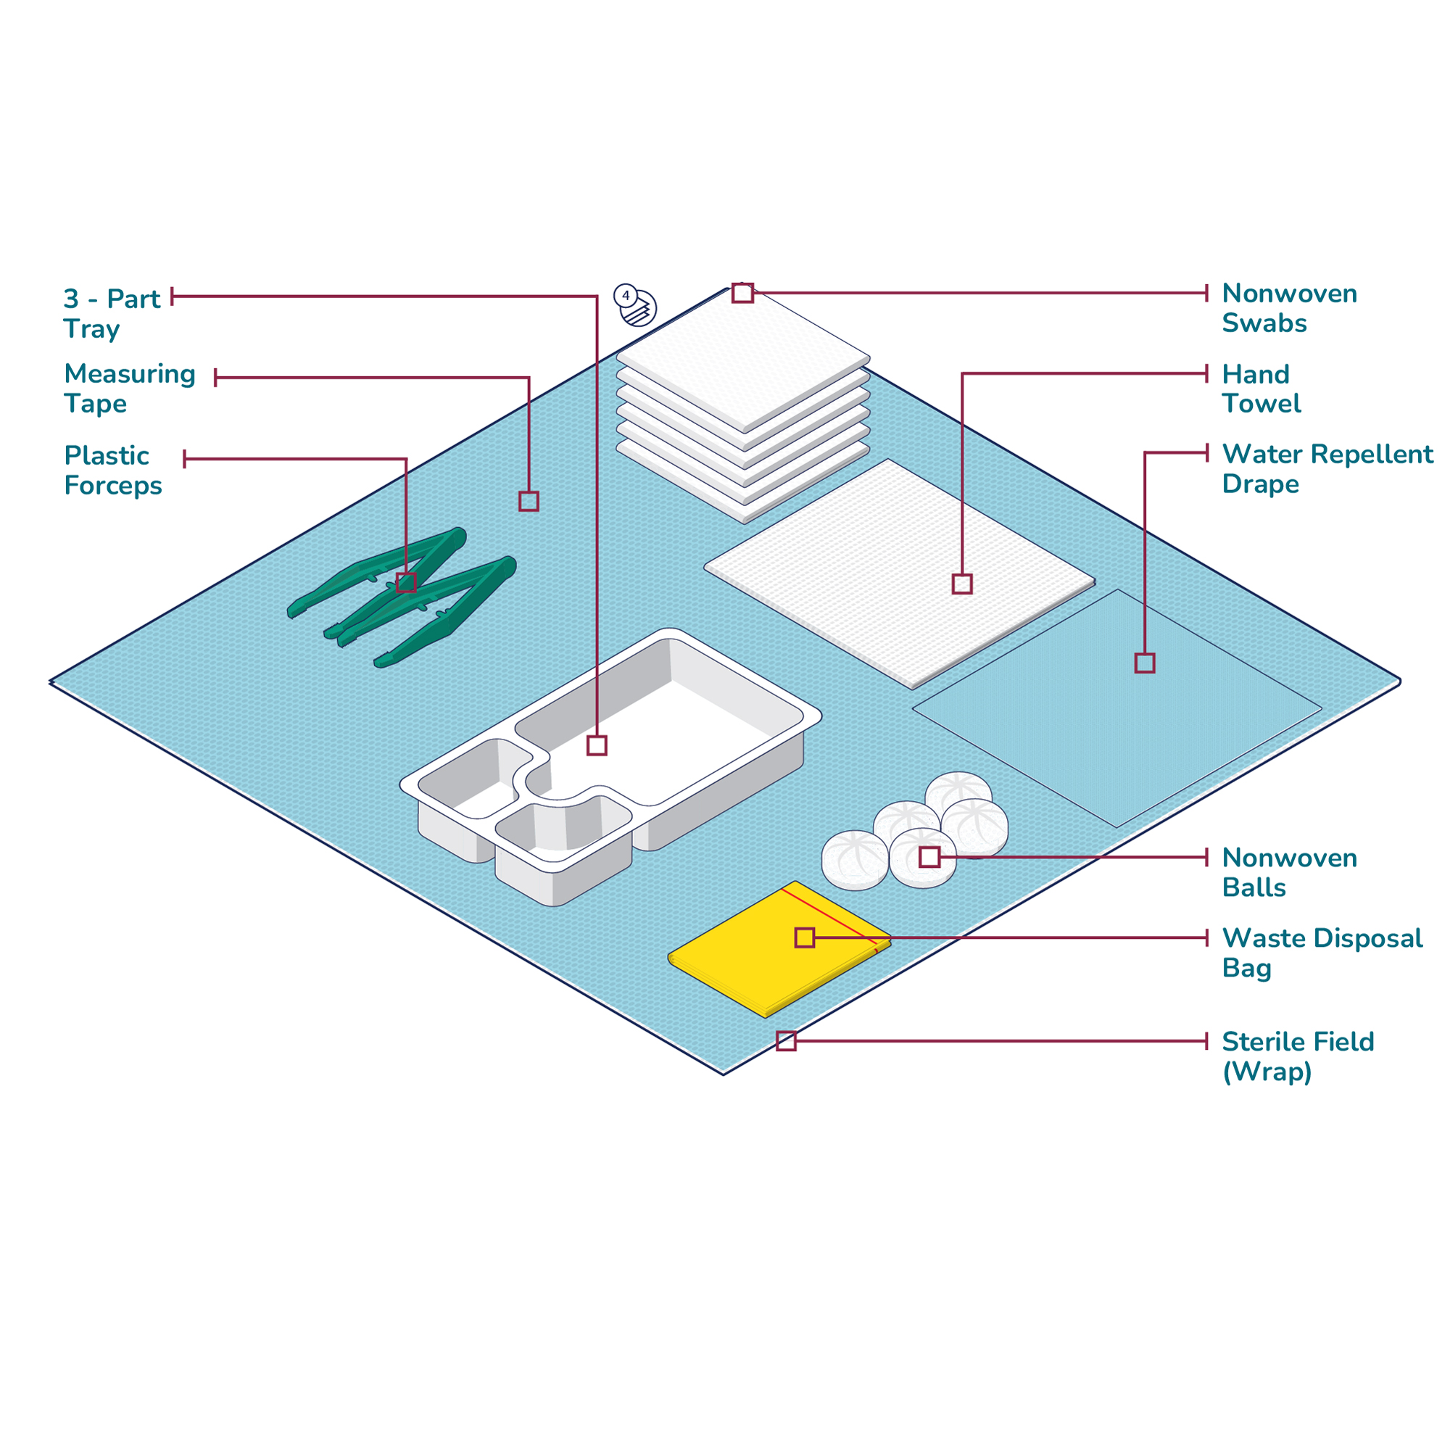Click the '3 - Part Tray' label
tap(112, 314)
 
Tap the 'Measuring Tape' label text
tap(130, 388)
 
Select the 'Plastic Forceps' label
tap(113, 470)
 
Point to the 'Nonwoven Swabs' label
tap(1289, 307)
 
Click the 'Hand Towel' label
tap(1261, 389)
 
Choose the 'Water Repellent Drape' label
tap(1327, 468)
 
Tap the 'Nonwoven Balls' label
tap(1289, 872)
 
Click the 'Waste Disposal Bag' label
tap(1322, 953)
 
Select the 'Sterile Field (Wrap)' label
tap(1298, 1057)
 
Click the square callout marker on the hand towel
tap(962, 584)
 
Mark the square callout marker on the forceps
tap(406, 582)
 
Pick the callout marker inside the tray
tap(597, 745)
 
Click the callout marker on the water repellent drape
tap(1145, 663)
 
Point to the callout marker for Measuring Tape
tap(529, 502)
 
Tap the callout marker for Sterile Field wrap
tap(786, 1041)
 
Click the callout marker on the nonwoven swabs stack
tap(742, 293)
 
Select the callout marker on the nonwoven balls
tap(929, 857)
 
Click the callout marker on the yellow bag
tap(805, 937)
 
